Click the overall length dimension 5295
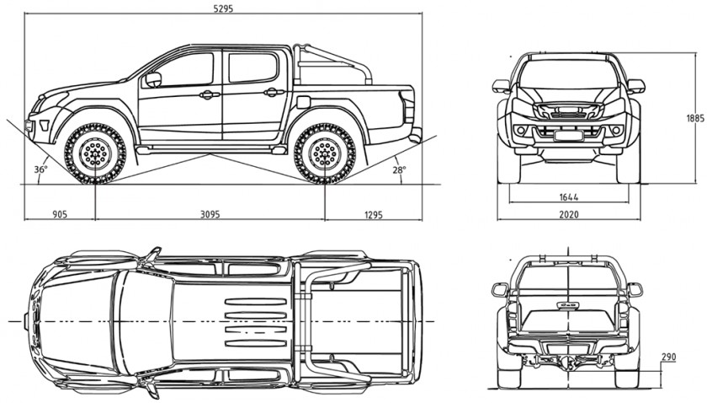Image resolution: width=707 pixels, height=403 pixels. pyautogui.click(x=223, y=8)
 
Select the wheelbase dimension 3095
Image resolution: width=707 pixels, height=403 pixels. pyautogui.click(x=210, y=215)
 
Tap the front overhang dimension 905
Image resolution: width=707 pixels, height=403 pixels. pyautogui.click(x=59, y=215)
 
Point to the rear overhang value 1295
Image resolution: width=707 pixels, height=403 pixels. pyautogui.click(x=374, y=215)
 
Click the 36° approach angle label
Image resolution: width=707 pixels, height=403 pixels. pyautogui.click(x=40, y=169)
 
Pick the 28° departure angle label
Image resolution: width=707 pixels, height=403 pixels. pyautogui.click(x=399, y=169)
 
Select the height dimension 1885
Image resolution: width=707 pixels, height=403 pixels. pyautogui.click(x=695, y=118)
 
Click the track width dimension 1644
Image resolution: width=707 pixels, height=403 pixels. pyautogui.click(x=568, y=196)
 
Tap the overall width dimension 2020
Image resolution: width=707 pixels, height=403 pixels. pyautogui.click(x=568, y=215)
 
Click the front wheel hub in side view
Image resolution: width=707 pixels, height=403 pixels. pyautogui.click(x=95, y=153)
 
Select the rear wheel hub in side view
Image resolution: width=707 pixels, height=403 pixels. pyautogui.click(x=324, y=153)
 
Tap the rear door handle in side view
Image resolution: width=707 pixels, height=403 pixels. pyautogui.click(x=271, y=92)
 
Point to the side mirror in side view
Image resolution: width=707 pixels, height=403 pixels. pyautogui.click(x=152, y=79)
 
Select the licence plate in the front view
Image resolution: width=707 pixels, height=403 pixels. pyautogui.click(x=568, y=133)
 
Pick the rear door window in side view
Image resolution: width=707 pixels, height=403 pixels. pyautogui.click(x=252, y=67)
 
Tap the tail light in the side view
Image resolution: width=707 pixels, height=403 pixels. pyautogui.click(x=409, y=107)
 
